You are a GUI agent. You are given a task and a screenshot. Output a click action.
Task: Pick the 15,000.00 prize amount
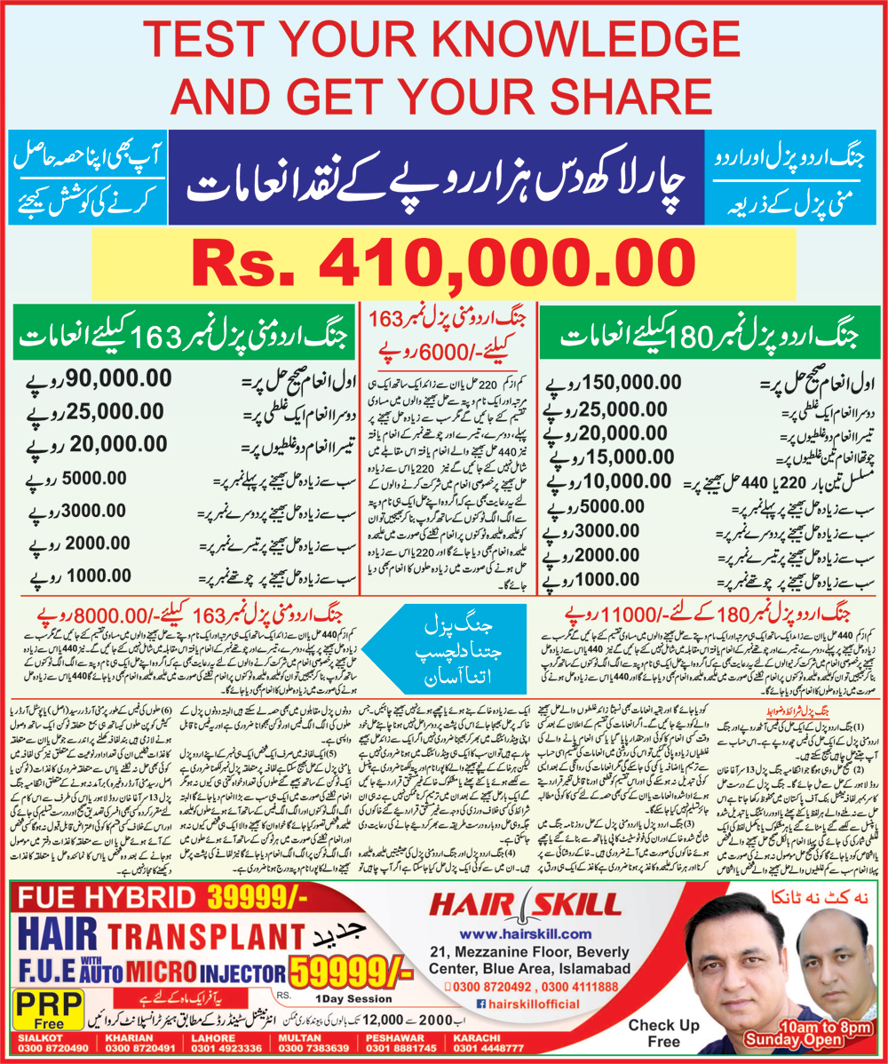(605, 458)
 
